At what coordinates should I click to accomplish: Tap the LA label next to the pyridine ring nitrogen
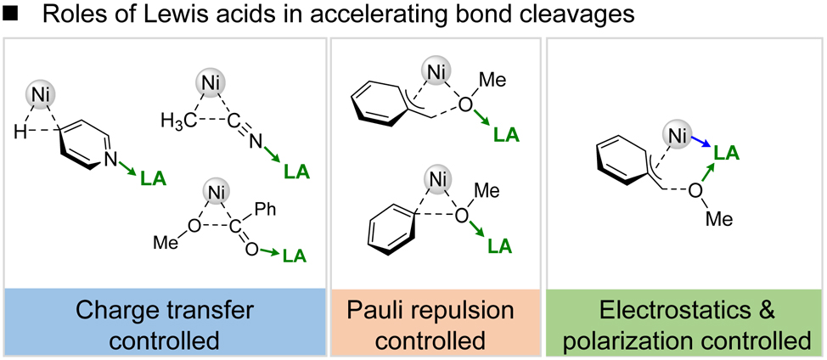pyautogui.click(x=153, y=179)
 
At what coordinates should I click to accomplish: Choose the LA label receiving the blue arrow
pyautogui.click(x=725, y=153)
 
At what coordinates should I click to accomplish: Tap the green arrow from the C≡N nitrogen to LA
pyautogui.click(x=272, y=159)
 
